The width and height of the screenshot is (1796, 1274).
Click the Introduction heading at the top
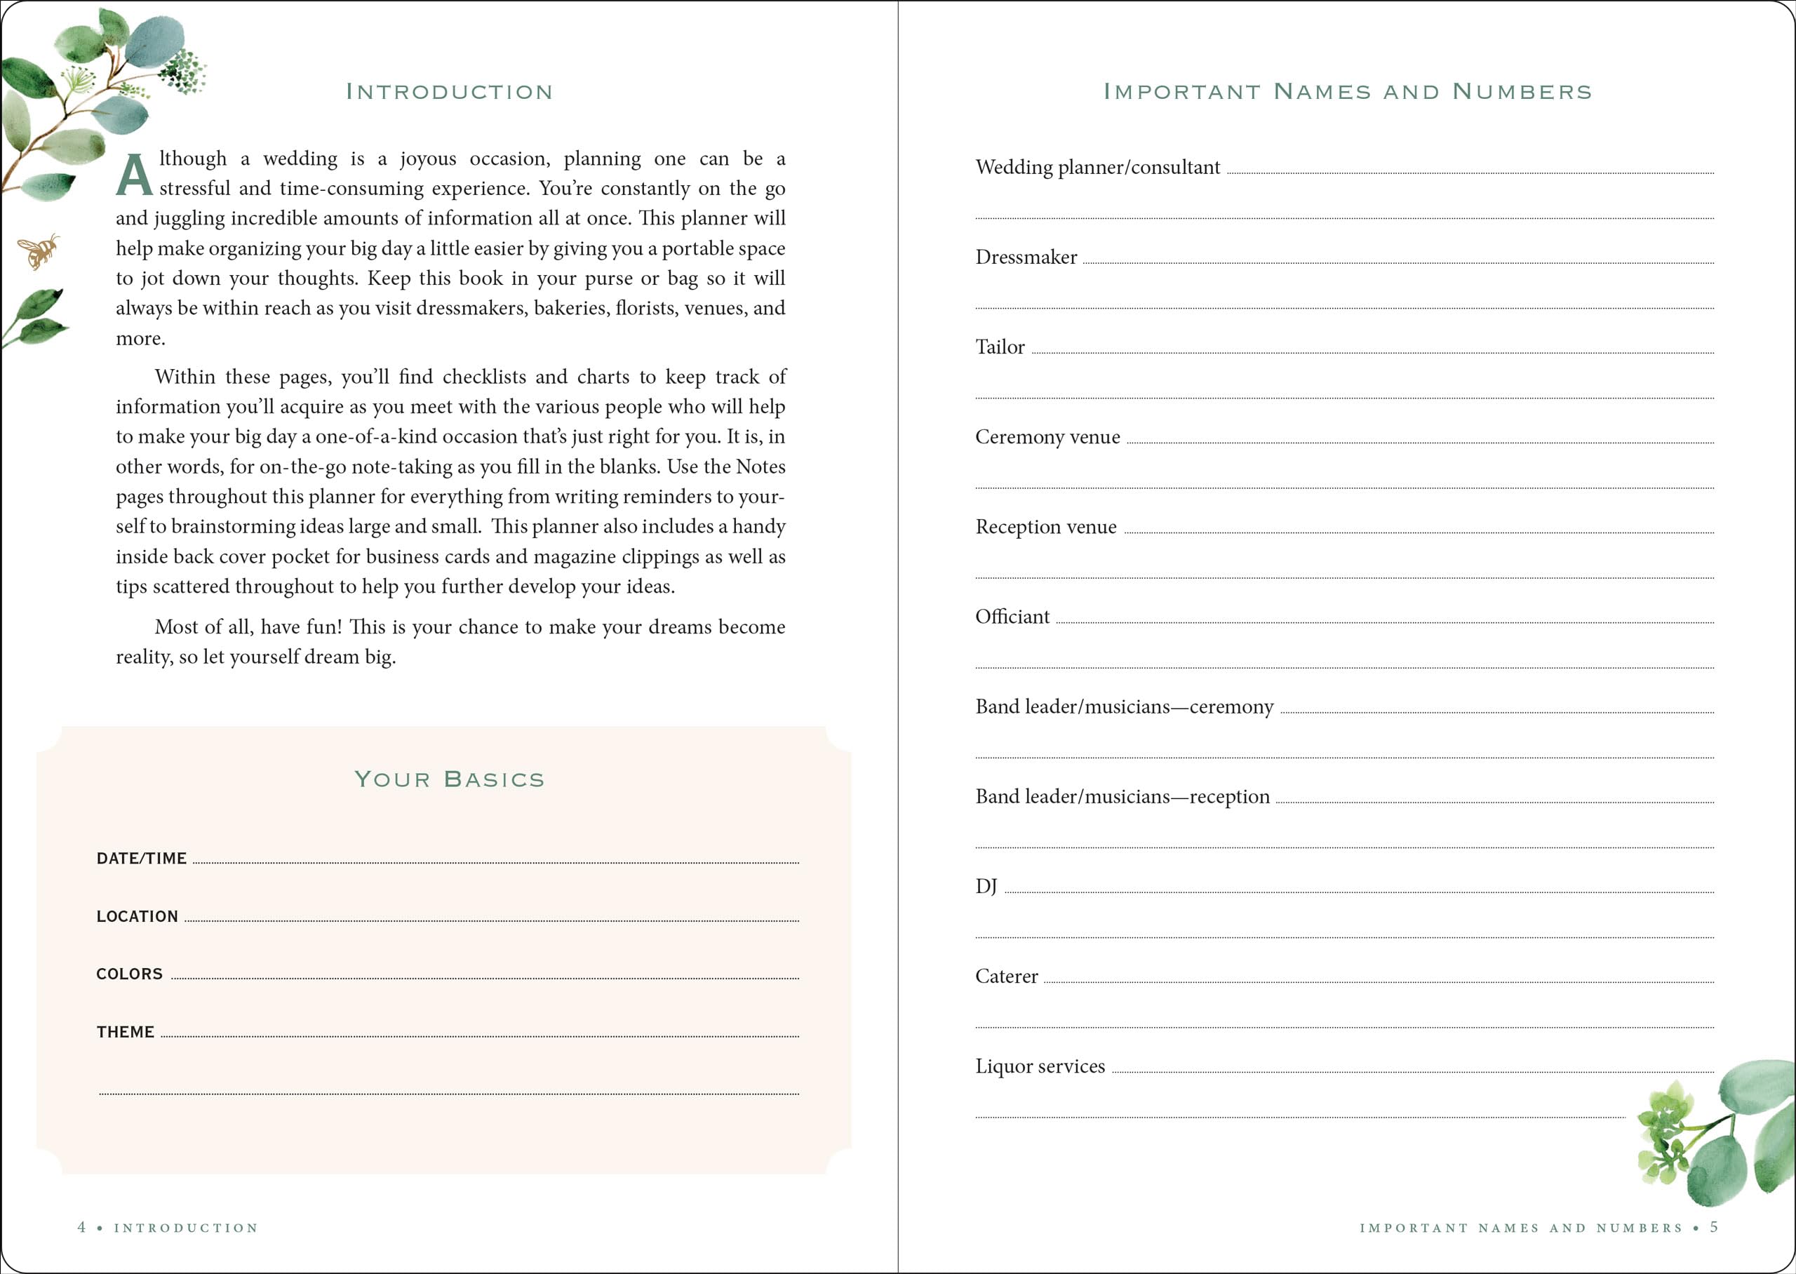point(450,92)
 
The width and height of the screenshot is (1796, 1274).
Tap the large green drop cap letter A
point(134,174)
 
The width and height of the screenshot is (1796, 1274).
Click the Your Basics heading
point(450,779)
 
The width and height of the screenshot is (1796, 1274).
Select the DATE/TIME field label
point(141,858)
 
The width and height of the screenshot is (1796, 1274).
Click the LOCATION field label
point(138,916)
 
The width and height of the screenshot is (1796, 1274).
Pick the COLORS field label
point(129,974)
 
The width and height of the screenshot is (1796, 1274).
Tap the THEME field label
point(126,1031)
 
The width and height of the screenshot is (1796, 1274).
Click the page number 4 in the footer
point(81,1227)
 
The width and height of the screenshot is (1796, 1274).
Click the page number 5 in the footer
point(1714,1227)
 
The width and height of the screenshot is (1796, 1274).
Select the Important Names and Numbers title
point(1348,92)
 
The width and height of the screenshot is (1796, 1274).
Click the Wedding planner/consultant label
point(1097,167)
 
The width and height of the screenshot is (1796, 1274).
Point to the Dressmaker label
point(1026,257)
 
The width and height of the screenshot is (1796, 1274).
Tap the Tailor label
point(1000,347)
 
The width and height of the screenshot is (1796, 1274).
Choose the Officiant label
point(1012,617)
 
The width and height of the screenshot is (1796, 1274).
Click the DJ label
point(986,887)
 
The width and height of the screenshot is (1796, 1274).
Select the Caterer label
point(1006,976)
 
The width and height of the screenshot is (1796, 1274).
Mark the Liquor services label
point(1040,1066)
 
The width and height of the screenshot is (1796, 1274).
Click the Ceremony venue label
point(1047,437)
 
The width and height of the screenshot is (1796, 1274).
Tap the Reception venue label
point(1045,526)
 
